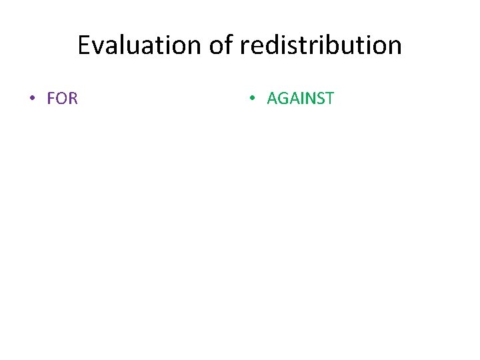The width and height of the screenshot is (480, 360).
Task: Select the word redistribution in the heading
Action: (x=321, y=45)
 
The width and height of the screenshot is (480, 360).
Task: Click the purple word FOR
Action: (x=63, y=99)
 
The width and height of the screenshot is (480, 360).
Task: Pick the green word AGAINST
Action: (x=300, y=99)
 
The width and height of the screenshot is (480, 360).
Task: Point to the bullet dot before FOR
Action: (x=31, y=99)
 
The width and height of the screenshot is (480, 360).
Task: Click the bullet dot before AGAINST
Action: (x=251, y=99)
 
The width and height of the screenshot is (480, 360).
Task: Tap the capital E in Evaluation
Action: (x=84, y=45)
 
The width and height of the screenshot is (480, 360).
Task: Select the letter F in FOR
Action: (x=51, y=99)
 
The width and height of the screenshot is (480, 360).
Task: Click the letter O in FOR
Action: (x=61, y=99)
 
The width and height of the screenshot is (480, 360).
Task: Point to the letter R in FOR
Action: (x=73, y=99)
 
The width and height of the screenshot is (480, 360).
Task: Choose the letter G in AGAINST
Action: (x=283, y=99)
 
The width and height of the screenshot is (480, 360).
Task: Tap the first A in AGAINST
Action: (x=272, y=99)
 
